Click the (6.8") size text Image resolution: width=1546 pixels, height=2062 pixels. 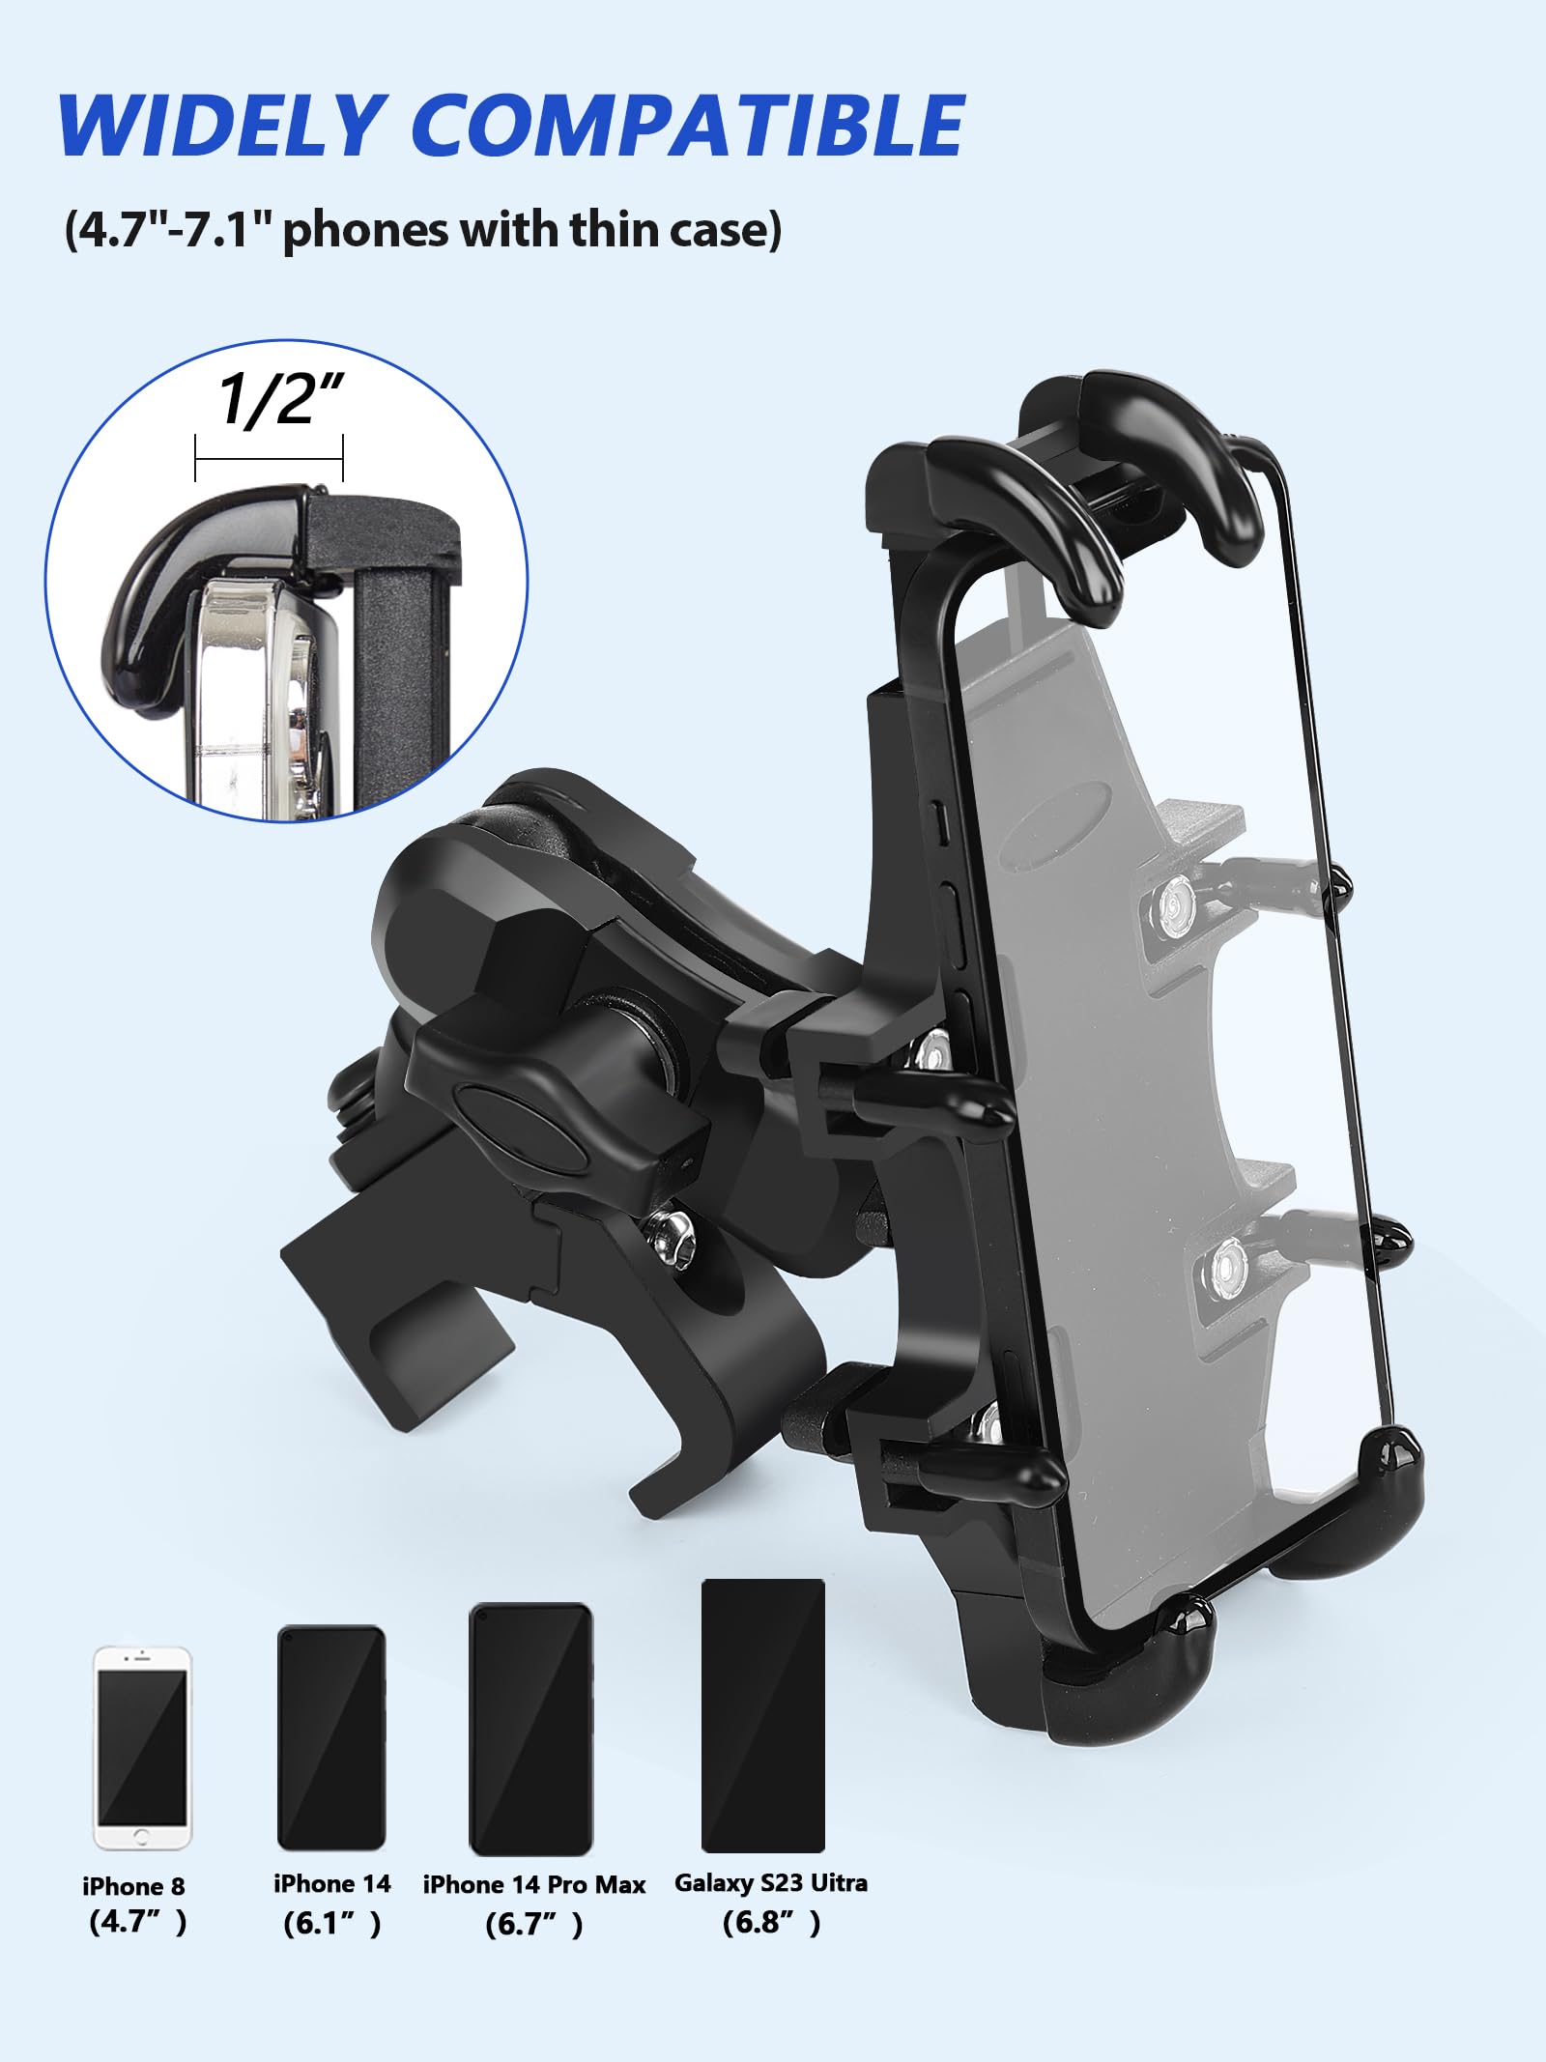(771, 1923)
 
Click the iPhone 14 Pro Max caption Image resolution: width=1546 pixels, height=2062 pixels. (533, 1885)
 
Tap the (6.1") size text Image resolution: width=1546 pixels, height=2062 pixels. (331, 1924)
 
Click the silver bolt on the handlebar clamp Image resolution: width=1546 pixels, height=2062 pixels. (670, 1237)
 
